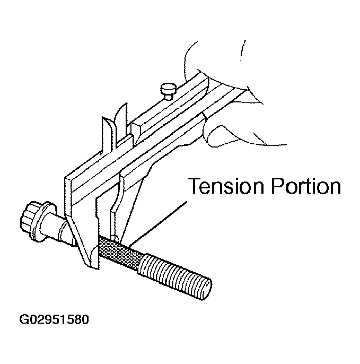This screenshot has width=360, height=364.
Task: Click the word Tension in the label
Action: (226, 186)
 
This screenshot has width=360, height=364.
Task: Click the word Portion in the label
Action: (306, 186)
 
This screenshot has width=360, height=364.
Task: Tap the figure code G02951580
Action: (54, 319)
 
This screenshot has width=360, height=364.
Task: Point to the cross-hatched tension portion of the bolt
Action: (119, 252)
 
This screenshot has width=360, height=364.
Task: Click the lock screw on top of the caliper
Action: (169, 91)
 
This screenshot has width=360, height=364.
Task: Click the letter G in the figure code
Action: (24, 319)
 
